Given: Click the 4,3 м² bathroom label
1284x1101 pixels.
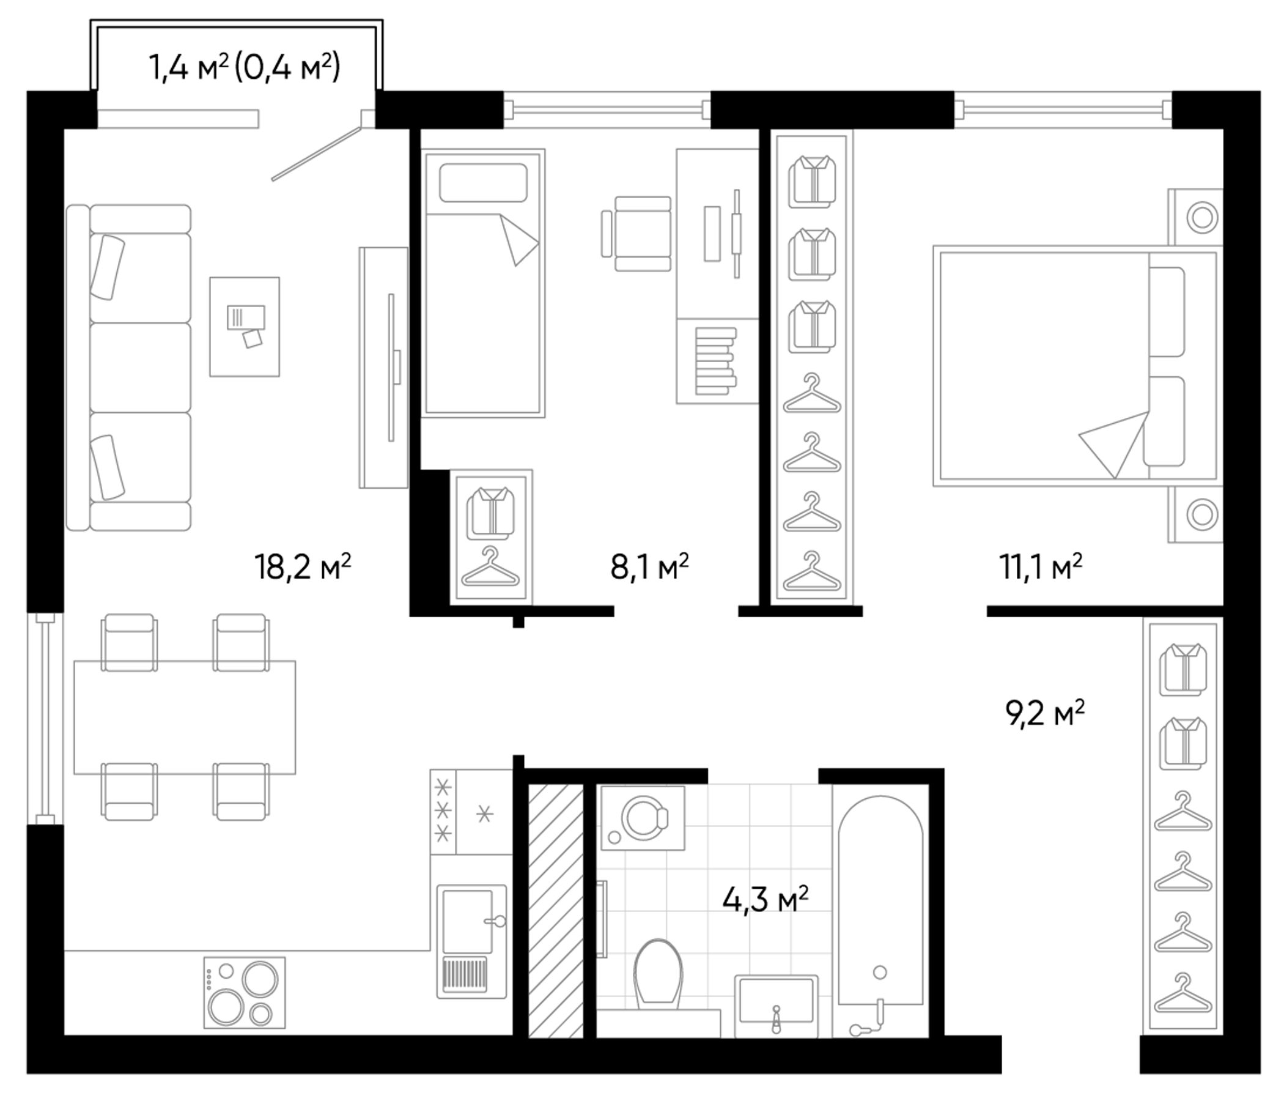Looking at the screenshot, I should tap(766, 900).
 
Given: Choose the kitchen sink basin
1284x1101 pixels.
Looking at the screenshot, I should tap(467, 921).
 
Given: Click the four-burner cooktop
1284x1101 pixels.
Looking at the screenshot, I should tap(245, 993).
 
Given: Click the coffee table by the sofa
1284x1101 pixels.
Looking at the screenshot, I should tap(244, 327).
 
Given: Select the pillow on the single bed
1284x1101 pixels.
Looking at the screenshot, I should tap(483, 182).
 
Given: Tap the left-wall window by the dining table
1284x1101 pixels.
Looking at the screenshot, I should tap(45, 719).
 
